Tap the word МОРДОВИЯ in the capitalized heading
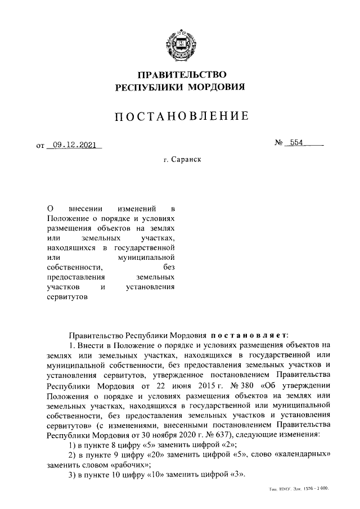pos(216,87)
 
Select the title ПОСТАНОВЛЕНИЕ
pos(180,117)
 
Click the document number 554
pos(295,143)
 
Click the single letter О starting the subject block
pos(49,208)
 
